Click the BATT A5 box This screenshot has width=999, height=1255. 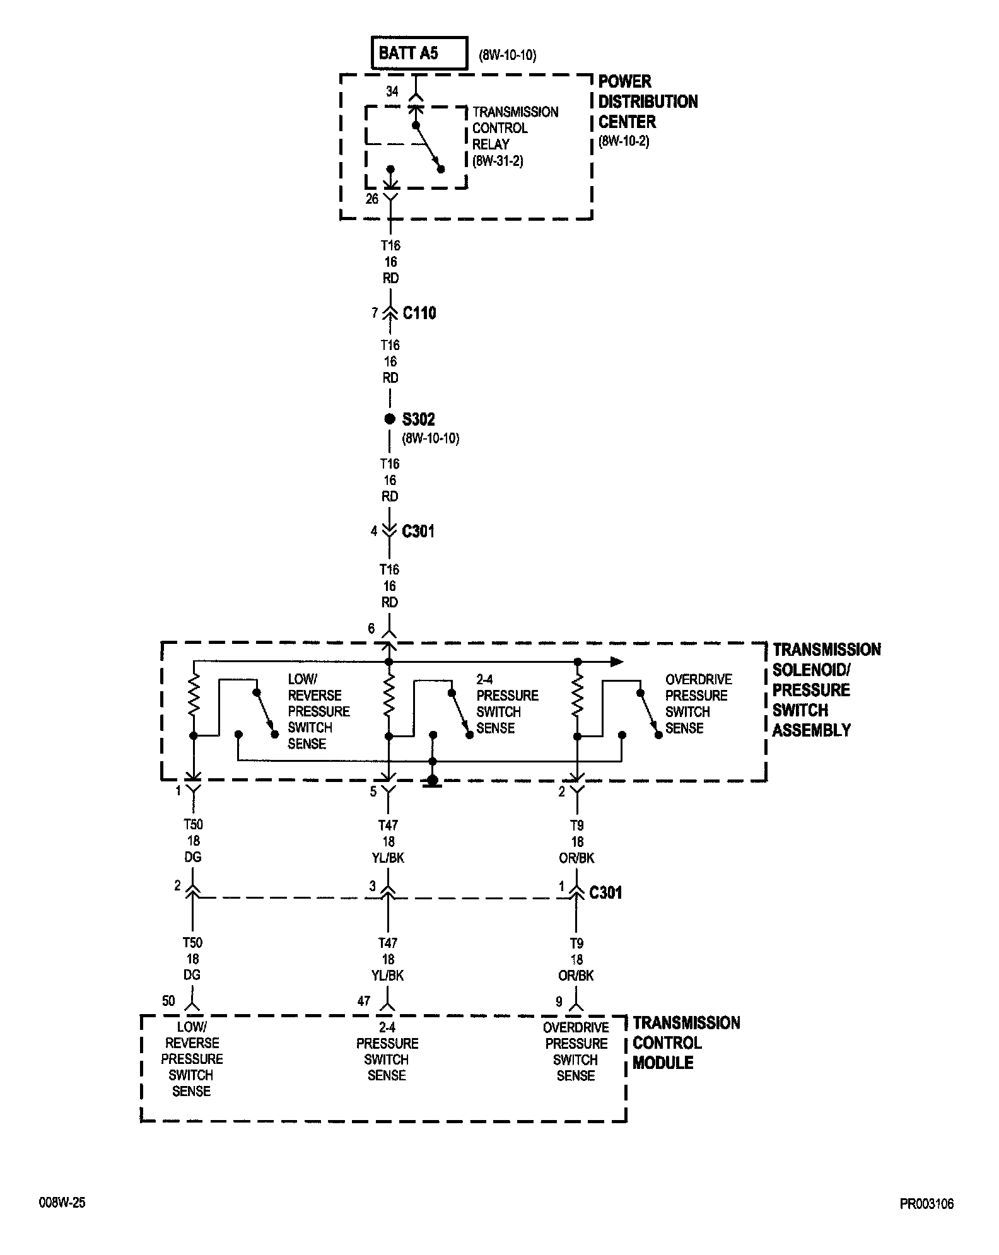[x=419, y=52]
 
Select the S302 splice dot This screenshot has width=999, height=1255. [x=390, y=419]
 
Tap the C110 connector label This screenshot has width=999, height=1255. [x=419, y=313]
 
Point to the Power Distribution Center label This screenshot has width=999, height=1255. [x=647, y=102]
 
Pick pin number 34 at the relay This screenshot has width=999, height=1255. [x=392, y=92]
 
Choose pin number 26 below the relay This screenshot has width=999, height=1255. [x=372, y=199]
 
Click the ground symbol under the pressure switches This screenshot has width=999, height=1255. [x=432, y=782]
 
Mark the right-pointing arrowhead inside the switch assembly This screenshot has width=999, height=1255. [x=617, y=662]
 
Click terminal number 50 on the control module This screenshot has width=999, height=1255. [x=169, y=1001]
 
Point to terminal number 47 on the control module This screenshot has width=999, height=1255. [x=365, y=1001]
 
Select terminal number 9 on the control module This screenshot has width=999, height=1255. [x=559, y=1001]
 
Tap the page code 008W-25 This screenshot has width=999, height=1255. [x=62, y=1203]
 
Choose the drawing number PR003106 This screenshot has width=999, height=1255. [x=926, y=1204]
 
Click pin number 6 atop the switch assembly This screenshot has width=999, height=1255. [x=371, y=629]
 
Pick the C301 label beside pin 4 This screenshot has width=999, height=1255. [x=418, y=532]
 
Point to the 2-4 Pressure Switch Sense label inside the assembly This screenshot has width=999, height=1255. [x=507, y=704]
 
